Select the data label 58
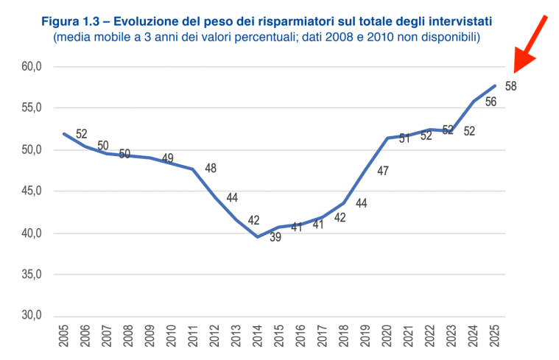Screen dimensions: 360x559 pyautogui.click(x=510, y=86)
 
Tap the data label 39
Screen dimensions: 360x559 pyautogui.click(x=275, y=237)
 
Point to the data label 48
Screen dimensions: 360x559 pyautogui.click(x=211, y=169)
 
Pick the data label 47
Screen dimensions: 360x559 pyautogui.click(x=383, y=171)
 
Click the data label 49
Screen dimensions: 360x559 pyautogui.click(x=167, y=158)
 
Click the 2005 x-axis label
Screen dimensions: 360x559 pyautogui.click(x=64, y=337)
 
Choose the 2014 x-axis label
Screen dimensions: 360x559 pyautogui.click(x=258, y=337)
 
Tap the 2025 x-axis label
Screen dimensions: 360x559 pyautogui.click(x=495, y=337)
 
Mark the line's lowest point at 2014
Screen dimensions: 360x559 pyautogui.click(x=258, y=236)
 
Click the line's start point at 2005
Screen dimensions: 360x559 pyautogui.click(x=64, y=133)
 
